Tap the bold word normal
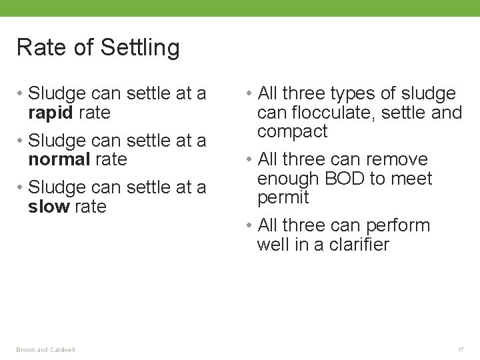pos(59,159)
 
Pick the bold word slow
pos(49,207)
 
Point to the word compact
pos(292,131)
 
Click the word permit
pos(283,198)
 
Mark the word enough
pos(290,179)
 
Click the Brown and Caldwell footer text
pos(46,349)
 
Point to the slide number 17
pos(460,349)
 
